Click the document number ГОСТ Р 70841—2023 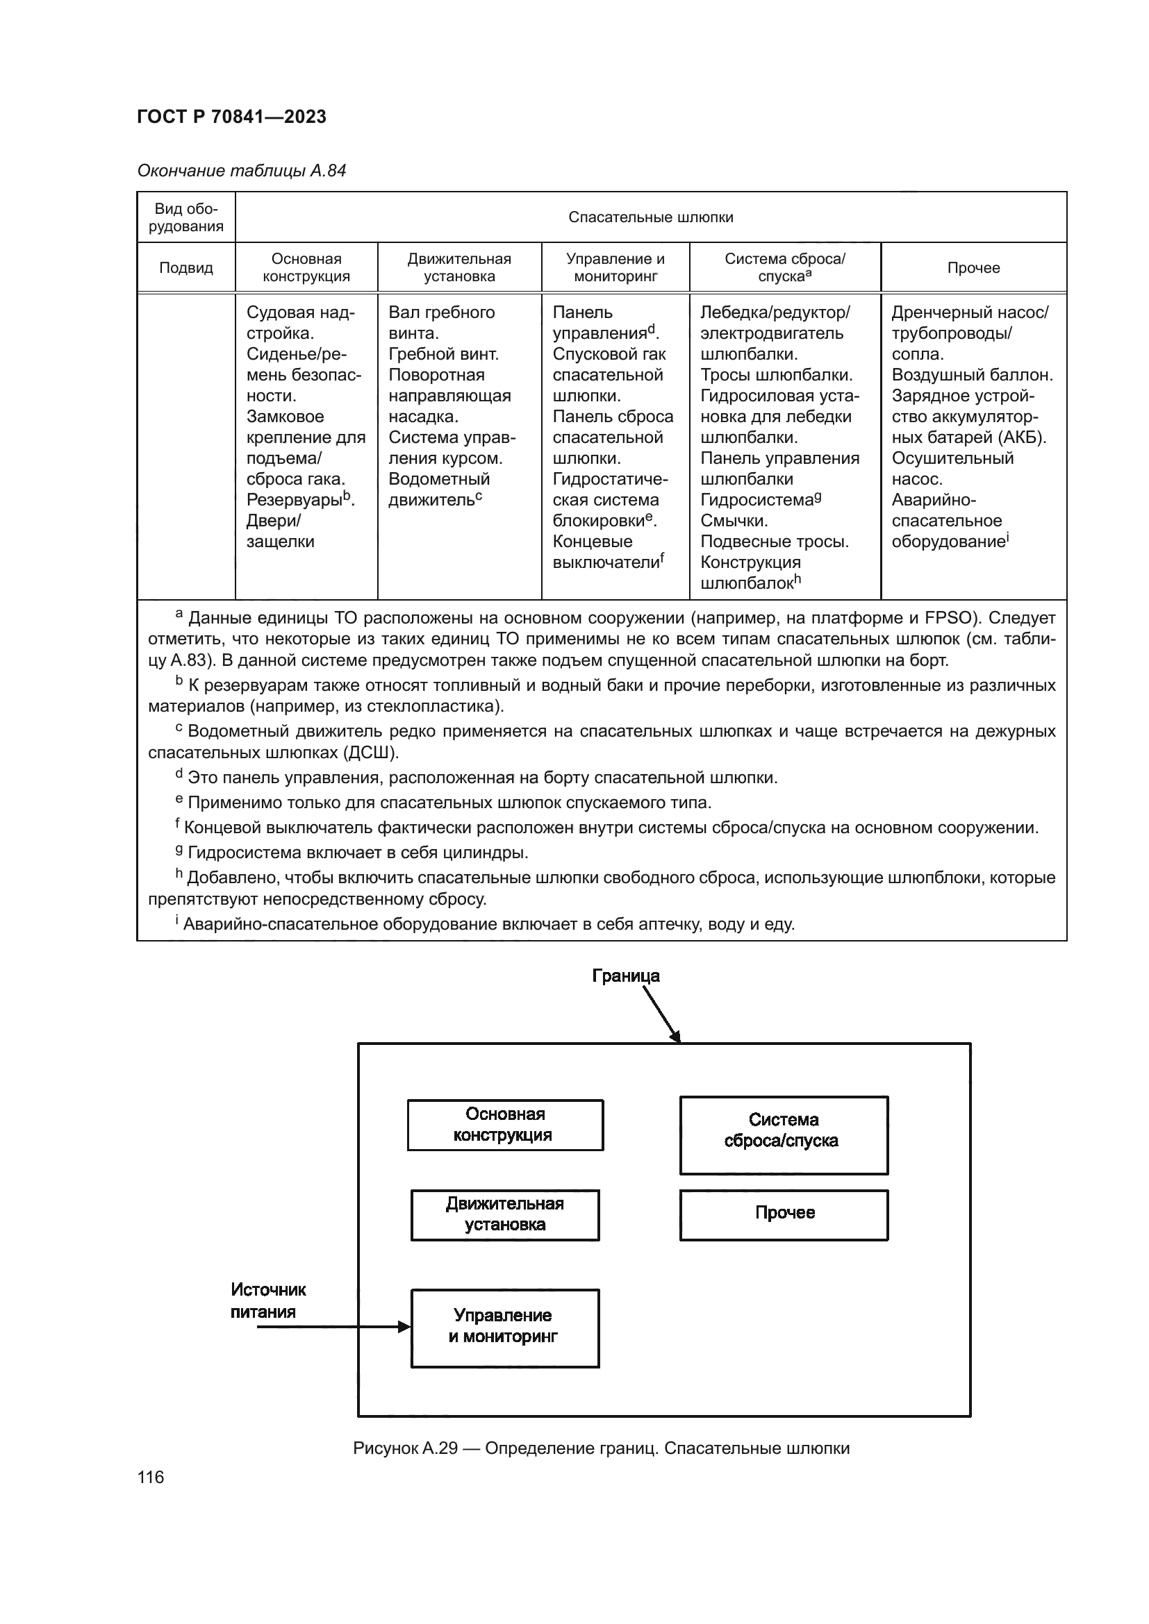[231, 117]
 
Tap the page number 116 [151, 1477]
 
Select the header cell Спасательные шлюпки [650, 217]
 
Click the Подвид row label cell [186, 267]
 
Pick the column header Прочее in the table [973, 267]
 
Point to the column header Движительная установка [459, 267]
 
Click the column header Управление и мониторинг [615, 267]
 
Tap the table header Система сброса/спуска [784, 267]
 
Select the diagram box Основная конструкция [504, 1125]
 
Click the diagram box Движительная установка [504, 1214]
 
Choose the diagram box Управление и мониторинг [504, 1326]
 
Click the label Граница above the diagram [625, 976]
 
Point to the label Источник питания [267, 1300]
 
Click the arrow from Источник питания [333, 1327]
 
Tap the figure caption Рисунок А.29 [601, 1448]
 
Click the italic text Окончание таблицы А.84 [241, 171]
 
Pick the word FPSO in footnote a [948, 618]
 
